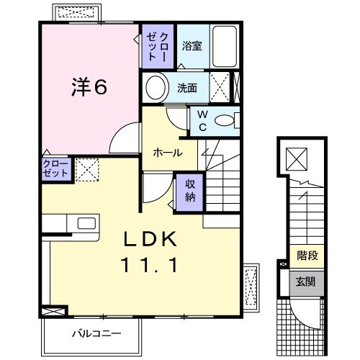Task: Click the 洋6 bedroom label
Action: coord(89,87)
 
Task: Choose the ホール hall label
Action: coord(167,153)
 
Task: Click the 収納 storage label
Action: coord(189,190)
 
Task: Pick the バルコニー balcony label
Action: coord(96,333)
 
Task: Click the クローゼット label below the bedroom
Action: coord(55,169)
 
